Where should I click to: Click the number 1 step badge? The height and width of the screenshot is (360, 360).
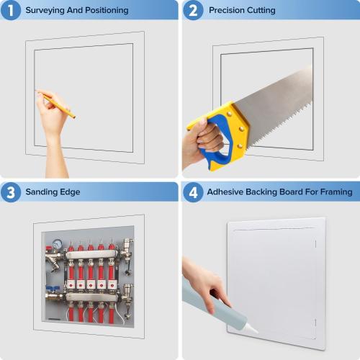coord(11,11)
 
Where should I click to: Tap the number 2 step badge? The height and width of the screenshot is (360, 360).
coord(192,11)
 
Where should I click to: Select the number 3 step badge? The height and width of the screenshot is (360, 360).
coord(11,192)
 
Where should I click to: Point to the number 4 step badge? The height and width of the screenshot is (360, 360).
coord(192,192)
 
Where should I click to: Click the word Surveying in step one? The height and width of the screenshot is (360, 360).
coord(46,11)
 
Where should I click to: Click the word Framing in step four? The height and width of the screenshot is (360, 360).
coord(335,192)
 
